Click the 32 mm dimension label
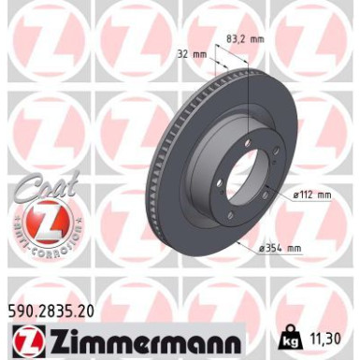pyautogui.click(x=193, y=54)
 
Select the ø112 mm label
pyautogui.click(x=311, y=194)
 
